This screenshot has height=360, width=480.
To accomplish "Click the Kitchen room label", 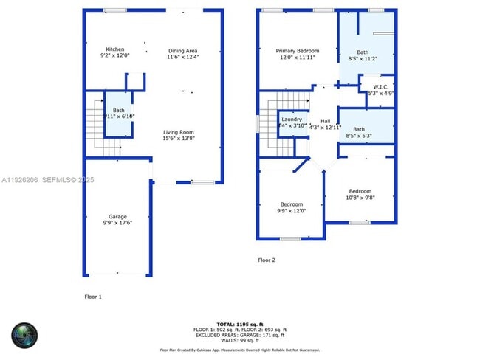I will pos(114,49).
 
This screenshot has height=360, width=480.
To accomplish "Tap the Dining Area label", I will pos(182,49).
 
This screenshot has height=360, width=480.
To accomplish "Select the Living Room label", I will pos(179,132).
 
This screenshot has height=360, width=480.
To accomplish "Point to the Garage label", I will pos(117,216).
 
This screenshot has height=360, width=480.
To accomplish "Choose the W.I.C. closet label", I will pos(382,87).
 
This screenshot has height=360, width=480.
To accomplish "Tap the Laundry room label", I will pos(291,119).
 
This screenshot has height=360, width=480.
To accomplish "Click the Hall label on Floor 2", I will pos(325,120).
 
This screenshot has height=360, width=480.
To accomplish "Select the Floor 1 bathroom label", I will pos(118,110).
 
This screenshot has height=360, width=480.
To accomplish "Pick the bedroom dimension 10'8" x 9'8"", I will pos(360,197).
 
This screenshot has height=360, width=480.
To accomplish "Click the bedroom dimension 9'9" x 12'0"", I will pos(292,210).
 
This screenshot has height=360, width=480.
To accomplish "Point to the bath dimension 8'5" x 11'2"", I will pos(363,58).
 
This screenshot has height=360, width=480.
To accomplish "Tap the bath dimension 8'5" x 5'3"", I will pos(358,136).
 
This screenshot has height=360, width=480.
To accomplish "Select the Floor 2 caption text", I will pos(266,260).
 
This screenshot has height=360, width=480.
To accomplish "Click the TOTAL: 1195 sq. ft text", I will pos(239,324).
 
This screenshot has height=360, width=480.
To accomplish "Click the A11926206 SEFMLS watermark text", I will pos(47,180).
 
